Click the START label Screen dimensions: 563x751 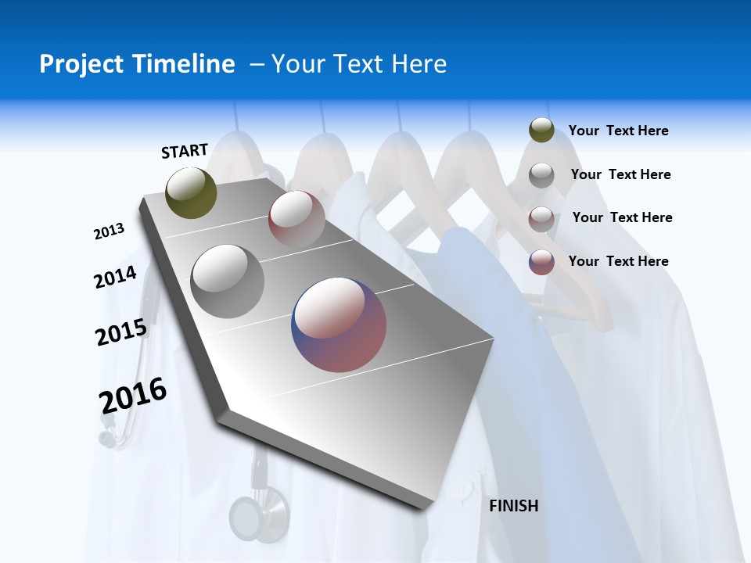pos(185,151)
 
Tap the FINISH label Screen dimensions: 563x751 pos(513,506)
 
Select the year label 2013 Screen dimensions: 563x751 pos(109,231)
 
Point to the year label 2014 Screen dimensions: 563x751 pos(115,277)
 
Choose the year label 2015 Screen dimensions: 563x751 pos(121,332)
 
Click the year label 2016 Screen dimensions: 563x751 pos(133,395)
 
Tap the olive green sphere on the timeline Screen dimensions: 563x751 pos(191,192)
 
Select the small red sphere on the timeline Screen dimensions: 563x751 pos(296,219)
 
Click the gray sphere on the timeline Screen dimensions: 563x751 pos(228,281)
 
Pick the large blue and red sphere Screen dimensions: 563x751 pos(339,325)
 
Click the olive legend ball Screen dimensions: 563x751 pos(541,131)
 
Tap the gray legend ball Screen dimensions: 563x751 pos(541,175)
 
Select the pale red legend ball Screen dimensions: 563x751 pos(541,218)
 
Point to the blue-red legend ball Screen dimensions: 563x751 pos(541,262)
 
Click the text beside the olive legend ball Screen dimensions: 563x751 pos(618,131)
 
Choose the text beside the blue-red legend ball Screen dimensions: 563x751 pos(618,261)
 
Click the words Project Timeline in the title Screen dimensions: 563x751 pos(137,64)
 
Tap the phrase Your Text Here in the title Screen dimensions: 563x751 pos(359,64)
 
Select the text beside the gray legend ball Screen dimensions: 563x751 pos(620,174)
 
